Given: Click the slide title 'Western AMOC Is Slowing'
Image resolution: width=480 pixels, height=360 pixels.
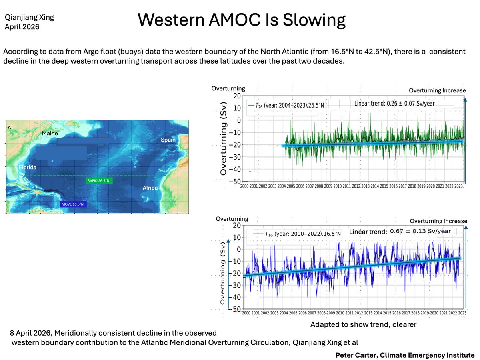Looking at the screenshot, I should (241, 20).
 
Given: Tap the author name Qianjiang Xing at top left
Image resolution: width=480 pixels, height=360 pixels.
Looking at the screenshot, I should (29, 18).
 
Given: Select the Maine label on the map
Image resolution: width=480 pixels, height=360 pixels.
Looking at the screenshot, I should (51, 133).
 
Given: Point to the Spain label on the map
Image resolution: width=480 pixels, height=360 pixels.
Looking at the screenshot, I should (168, 140).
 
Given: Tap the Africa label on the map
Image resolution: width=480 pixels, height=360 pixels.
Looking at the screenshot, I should (150, 188).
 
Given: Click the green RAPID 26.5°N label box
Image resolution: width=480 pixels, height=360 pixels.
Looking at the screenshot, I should (98, 181).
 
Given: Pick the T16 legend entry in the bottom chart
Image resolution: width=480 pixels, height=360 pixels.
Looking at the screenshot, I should (297, 234).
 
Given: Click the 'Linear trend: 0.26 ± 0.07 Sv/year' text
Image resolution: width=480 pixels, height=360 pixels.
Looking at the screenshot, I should (394, 103).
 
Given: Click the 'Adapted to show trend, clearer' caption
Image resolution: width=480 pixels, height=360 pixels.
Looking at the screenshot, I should (363, 325).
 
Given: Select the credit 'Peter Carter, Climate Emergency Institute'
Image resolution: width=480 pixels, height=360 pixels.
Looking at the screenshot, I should (405, 355).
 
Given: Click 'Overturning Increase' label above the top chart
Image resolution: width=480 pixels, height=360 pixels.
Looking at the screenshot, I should (437, 90).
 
